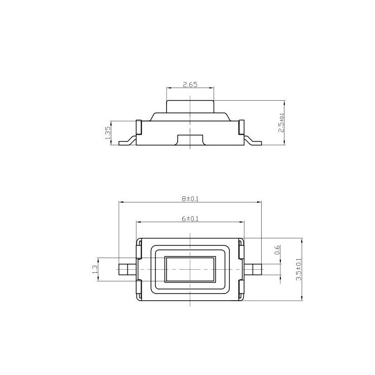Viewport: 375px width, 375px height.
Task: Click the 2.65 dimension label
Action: [190, 85]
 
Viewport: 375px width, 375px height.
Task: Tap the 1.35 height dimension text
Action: [108, 133]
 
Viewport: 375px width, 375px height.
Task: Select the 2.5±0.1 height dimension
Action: [281, 122]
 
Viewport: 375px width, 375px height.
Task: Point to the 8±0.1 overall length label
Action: [190, 199]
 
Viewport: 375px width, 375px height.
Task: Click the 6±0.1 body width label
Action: [190, 219]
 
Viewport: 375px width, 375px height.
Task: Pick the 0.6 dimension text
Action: [277, 250]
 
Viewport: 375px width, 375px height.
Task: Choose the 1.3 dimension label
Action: [95, 269]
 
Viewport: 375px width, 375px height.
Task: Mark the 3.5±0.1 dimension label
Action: [299, 269]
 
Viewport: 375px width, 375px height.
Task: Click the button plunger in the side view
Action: [190, 107]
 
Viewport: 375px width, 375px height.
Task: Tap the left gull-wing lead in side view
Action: [128, 141]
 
